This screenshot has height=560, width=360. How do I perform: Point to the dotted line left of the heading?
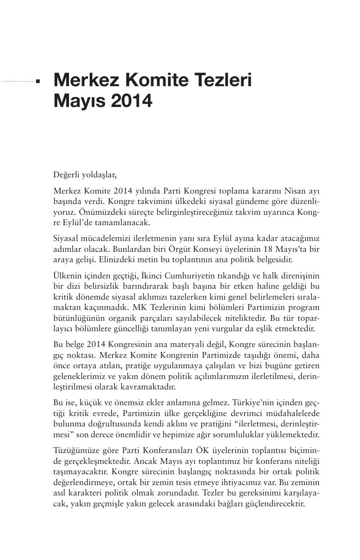coord(18,82)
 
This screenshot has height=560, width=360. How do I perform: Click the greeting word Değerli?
coord(66,174)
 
